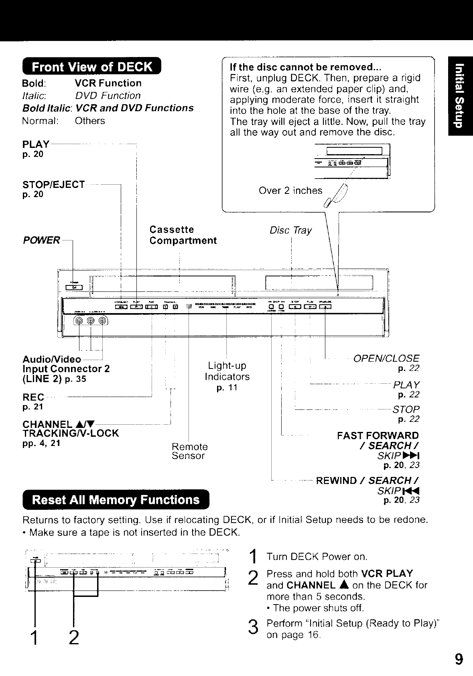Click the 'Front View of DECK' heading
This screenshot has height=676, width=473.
(x=92, y=67)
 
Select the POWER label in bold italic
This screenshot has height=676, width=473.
(x=42, y=240)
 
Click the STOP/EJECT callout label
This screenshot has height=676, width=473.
(x=54, y=185)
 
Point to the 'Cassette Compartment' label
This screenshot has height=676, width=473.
(x=183, y=235)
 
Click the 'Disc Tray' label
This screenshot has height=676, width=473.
(x=290, y=230)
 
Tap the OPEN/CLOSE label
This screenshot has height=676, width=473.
(x=386, y=358)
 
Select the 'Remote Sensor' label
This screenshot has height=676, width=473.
(x=189, y=451)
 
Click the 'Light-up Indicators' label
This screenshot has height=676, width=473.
(x=227, y=371)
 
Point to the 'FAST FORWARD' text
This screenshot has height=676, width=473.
(x=378, y=436)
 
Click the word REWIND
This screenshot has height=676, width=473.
(x=336, y=481)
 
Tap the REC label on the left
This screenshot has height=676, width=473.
(x=33, y=397)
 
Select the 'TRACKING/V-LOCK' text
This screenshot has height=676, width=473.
(x=71, y=434)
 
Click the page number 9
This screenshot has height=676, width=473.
(x=459, y=660)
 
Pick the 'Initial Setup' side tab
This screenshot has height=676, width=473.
(x=461, y=96)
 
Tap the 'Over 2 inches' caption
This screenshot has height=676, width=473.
(x=290, y=190)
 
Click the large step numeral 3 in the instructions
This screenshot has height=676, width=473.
(x=252, y=627)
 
